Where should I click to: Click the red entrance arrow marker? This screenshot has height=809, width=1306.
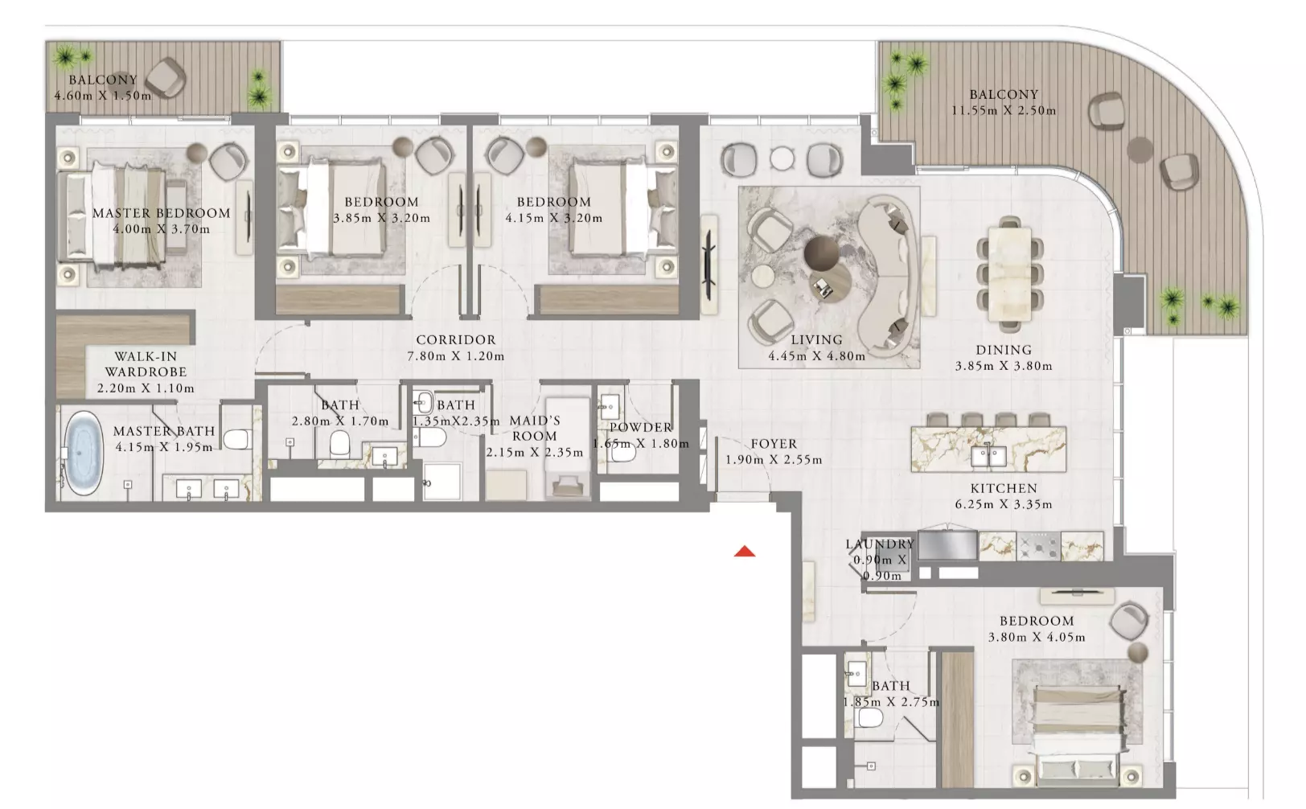pyautogui.click(x=745, y=551)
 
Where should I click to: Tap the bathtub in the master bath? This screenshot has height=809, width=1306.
pyautogui.click(x=84, y=454)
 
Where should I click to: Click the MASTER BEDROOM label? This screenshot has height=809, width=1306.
pyautogui.click(x=162, y=213)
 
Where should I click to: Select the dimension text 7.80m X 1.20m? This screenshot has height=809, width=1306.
pyautogui.click(x=456, y=356)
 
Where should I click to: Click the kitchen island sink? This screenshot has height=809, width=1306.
pyautogui.click(x=988, y=457)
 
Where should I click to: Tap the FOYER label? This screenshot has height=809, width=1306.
pyautogui.click(x=774, y=444)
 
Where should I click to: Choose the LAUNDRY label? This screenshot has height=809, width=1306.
pyautogui.click(x=881, y=544)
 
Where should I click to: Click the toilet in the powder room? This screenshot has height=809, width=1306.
pyautogui.click(x=618, y=453)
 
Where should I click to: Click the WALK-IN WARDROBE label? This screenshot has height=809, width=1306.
pyautogui.click(x=146, y=364)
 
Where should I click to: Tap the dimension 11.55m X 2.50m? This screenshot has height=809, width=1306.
pyautogui.click(x=1004, y=110)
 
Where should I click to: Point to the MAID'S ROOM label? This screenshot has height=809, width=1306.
pyautogui.click(x=535, y=428)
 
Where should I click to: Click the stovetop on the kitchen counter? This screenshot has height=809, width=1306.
pyautogui.click(x=1038, y=547)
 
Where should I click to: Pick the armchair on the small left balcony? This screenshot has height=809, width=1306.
pyautogui.click(x=166, y=77)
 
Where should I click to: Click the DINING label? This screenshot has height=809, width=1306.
pyautogui.click(x=1004, y=350)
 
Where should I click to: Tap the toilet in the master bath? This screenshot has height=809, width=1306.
pyautogui.click(x=236, y=439)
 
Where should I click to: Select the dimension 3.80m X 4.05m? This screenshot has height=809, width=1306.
pyautogui.click(x=1037, y=637)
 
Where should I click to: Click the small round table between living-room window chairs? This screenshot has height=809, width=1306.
pyautogui.click(x=782, y=158)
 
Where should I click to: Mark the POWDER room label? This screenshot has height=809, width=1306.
pyautogui.click(x=641, y=427)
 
